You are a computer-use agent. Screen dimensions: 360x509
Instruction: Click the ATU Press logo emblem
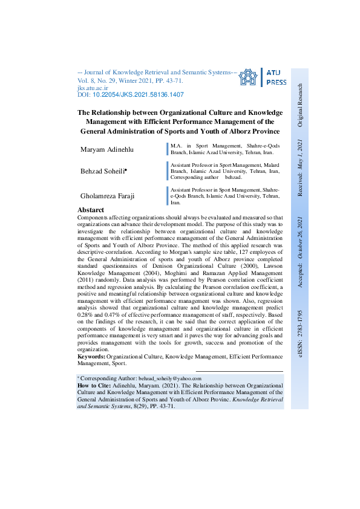coord(248,77)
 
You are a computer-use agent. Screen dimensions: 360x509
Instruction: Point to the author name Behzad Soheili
coord(103,172)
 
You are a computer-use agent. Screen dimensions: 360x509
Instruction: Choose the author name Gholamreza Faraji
coord(108,196)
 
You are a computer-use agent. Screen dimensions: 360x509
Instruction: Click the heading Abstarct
coord(91,210)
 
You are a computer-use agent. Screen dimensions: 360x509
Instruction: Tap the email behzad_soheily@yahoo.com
coord(169,378)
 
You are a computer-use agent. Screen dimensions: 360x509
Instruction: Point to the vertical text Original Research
coord(301,105)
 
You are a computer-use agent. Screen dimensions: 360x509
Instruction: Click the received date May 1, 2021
coord(301,154)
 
